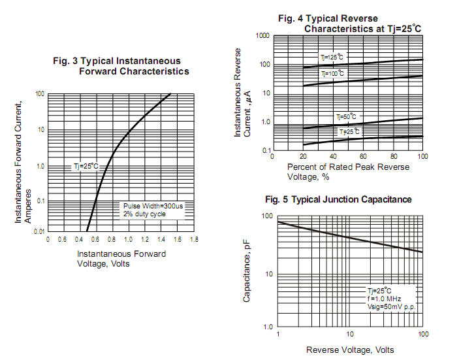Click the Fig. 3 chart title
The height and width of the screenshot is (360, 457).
(x=121, y=66)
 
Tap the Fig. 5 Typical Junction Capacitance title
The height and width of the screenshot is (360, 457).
(x=338, y=199)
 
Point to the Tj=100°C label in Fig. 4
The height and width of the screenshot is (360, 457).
(x=332, y=74)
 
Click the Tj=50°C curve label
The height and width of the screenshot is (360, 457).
(x=347, y=117)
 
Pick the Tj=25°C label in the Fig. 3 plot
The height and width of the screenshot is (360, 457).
(x=85, y=167)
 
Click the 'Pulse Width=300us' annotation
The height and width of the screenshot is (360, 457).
(x=153, y=206)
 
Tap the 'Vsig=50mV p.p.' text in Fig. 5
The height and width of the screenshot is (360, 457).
(x=392, y=306)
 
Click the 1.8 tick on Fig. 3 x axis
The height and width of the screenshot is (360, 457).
(x=194, y=240)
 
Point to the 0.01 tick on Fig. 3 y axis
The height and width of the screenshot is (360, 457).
(x=38, y=231)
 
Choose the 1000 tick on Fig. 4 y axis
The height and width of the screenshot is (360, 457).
(x=262, y=35)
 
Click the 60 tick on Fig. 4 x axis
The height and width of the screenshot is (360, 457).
(x=362, y=157)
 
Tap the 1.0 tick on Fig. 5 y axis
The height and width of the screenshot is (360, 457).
(x=268, y=327)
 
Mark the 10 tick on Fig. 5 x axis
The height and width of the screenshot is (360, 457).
(x=350, y=335)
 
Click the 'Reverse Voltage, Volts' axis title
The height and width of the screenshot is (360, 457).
(x=350, y=350)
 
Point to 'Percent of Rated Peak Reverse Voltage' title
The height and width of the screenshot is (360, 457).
(x=348, y=171)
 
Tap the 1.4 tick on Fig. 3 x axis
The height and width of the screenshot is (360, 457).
(x=161, y=240)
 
